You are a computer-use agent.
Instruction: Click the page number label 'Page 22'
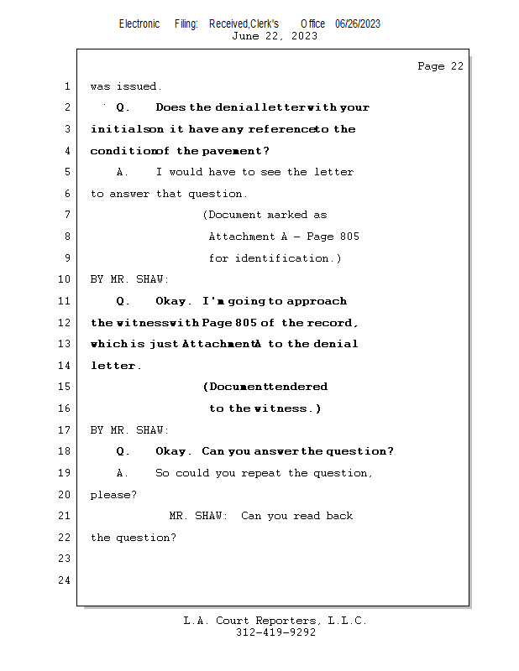440,66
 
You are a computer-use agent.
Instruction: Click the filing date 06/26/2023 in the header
358,23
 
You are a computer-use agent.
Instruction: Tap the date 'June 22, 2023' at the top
275,36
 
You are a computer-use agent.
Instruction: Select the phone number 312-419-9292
275,632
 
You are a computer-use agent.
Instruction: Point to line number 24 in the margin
65,580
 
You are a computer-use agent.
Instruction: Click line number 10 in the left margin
65,279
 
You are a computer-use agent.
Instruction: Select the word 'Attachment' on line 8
242,237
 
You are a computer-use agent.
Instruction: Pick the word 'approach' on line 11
317,302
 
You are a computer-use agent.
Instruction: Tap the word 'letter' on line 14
113,366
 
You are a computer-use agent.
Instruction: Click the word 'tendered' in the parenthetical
297,387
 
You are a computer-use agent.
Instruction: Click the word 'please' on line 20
110,495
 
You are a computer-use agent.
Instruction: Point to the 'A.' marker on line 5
122,172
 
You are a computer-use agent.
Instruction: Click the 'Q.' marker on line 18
123,451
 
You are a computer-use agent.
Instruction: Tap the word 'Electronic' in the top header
139,23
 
